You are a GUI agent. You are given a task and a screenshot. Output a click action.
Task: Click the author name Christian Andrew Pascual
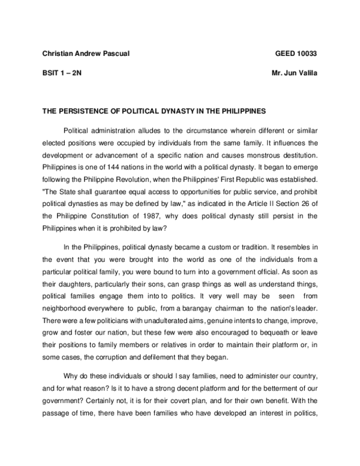pos(86,54)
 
